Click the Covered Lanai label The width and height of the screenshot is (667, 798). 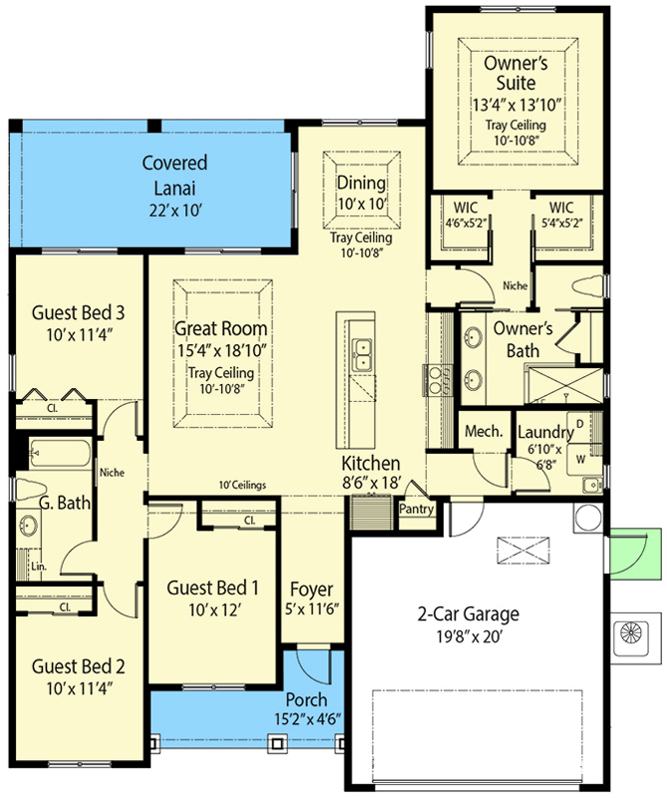tap(174, 176)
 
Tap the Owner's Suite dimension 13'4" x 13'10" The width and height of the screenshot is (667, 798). tap(516, 105)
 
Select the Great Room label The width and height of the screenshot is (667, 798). tap(220, 328)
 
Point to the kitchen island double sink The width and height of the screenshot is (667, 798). tap(363, 354)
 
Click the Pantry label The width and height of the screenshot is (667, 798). tap(416, 509)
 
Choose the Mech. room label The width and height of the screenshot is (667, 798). tap(484, 432)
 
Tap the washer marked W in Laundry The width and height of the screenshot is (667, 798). tap(580, 459)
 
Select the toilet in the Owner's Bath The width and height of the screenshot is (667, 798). tap(590, 286)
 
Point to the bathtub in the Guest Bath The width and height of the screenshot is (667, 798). tap(60, 454)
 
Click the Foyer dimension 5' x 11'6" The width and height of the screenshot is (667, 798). tap(312, 609)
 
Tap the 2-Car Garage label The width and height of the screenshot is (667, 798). tap(469, 613)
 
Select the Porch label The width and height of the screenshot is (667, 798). tap(306, 700)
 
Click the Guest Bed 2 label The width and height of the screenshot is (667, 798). tap(79, 666)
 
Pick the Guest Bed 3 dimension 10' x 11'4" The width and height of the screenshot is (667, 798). tap(80, 335)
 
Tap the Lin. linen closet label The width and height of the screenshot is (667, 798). tap(39, 567)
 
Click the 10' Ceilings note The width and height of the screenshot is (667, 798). tap(242, 485)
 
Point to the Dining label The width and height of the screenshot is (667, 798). tap(361, 183)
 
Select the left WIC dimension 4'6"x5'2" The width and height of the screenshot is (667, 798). tap(466, 222)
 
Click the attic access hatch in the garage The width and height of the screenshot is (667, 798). tap(523, 551)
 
